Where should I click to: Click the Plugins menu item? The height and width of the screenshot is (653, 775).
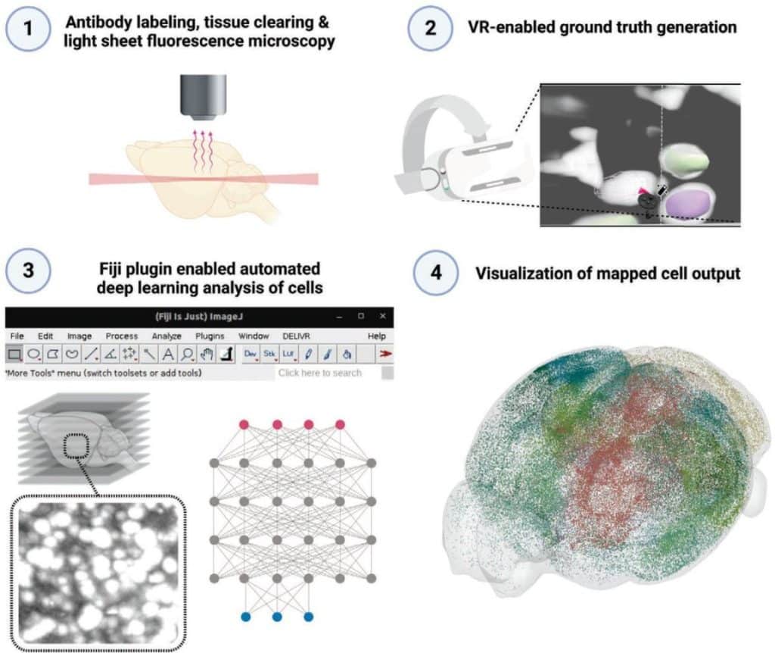210,336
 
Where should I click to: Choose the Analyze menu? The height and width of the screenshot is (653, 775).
167,336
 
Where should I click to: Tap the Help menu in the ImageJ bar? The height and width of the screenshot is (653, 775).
376,336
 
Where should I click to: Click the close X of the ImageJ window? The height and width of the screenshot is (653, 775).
383,316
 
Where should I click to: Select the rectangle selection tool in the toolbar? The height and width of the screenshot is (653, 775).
14,353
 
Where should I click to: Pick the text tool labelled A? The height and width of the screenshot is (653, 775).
168,353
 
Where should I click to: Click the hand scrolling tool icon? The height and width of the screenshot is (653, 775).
207,353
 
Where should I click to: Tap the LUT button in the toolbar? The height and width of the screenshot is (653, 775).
288,353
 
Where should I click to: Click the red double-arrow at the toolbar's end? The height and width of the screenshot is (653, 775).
386,353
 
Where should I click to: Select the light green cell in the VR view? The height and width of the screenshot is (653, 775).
685,161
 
